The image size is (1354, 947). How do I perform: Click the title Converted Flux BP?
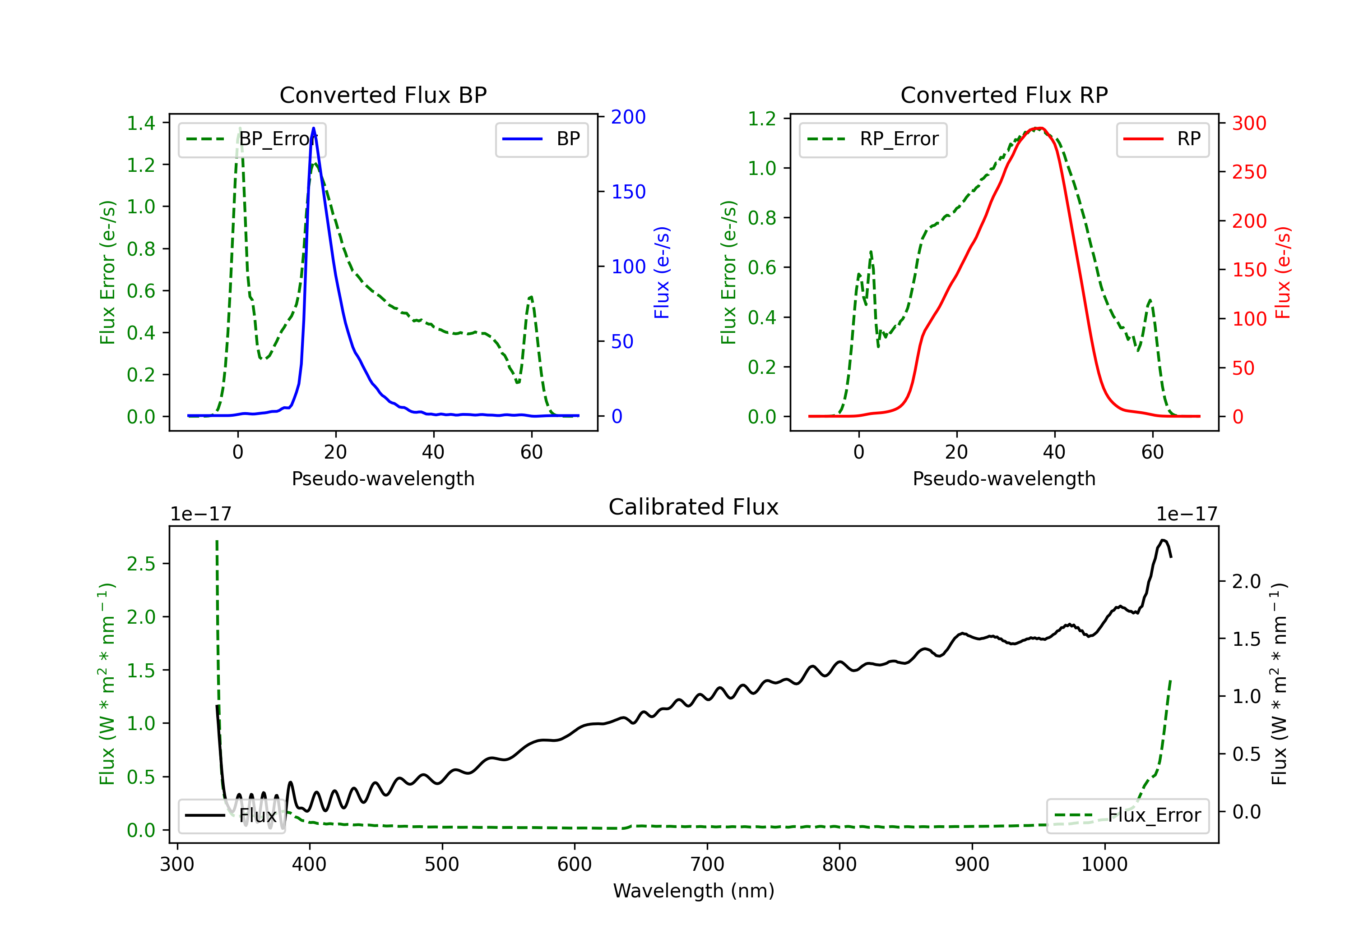tap(383, 95)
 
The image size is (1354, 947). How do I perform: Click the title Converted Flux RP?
tap(1004, 95)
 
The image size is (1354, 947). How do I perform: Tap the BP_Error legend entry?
tap(252, 139)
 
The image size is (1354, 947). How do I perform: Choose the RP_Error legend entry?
tap(873, 139)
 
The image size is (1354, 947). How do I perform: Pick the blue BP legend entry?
tap(541, 139)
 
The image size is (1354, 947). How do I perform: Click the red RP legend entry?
tap(1162, 139)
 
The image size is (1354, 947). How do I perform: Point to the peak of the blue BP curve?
tap(313, 128)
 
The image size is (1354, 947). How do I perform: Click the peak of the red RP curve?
tap(1039, 128)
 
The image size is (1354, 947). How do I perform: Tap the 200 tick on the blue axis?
tap(628, 117)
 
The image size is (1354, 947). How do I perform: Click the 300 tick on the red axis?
tap(1249, 123)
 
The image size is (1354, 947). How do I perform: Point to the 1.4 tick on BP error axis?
tap(141, 123)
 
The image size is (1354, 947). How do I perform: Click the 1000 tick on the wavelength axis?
tap(1104, 864)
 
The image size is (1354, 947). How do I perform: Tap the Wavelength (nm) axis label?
tap(694, 891)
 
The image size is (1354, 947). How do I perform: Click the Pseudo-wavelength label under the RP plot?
tap(1004, 478)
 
